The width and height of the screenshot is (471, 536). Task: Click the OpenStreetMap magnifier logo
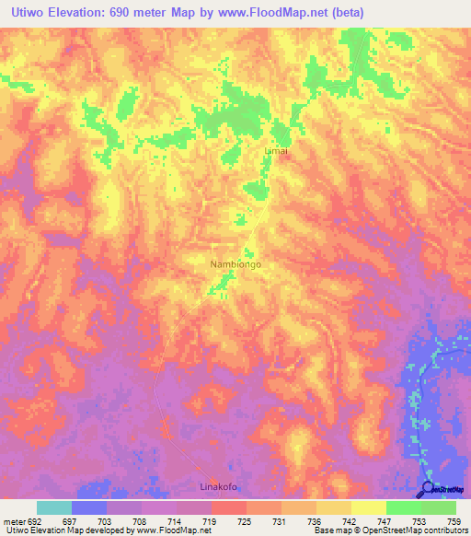coord(427,489)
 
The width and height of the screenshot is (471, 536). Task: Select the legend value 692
coord(36,520)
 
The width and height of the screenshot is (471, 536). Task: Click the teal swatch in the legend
coord(53,507)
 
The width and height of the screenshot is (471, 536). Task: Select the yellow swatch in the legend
coord(368,507)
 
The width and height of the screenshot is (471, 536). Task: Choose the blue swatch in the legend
coord(89,507)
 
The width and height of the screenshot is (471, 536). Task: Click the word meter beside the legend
coord(13,520)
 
